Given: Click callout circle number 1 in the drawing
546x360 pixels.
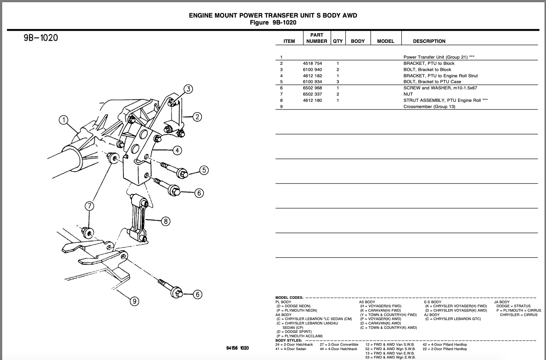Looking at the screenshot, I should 63,120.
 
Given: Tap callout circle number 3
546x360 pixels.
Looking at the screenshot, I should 188,89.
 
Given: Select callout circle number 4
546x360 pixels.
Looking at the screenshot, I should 177,150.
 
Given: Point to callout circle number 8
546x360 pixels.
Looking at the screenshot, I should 166,221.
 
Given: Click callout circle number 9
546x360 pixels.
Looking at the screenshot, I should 135,301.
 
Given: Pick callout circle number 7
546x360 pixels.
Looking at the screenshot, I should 89,206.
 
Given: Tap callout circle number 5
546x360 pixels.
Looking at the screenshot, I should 204,170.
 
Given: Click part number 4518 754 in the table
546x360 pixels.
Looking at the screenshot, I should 312,63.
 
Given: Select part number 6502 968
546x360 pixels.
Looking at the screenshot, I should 312,88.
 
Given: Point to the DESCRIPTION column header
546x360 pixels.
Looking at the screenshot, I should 429,41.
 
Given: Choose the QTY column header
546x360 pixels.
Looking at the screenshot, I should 337,41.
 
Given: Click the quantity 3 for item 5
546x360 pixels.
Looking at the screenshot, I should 337,82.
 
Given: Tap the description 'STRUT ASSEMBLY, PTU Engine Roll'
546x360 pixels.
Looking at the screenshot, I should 442,100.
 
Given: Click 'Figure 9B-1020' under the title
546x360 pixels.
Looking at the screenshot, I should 273,23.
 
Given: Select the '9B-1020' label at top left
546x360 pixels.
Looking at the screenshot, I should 41,38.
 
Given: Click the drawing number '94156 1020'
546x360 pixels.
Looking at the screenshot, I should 237,348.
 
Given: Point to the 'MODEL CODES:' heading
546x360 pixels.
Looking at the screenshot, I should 289,298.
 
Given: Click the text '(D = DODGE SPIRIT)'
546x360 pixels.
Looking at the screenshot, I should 294,332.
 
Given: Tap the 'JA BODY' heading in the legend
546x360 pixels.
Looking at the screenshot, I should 502,302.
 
